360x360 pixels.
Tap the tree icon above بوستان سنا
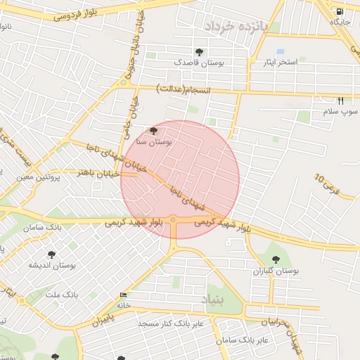point(154,131)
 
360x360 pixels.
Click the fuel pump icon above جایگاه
point(340,11)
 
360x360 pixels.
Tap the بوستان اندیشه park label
point(51,265)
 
